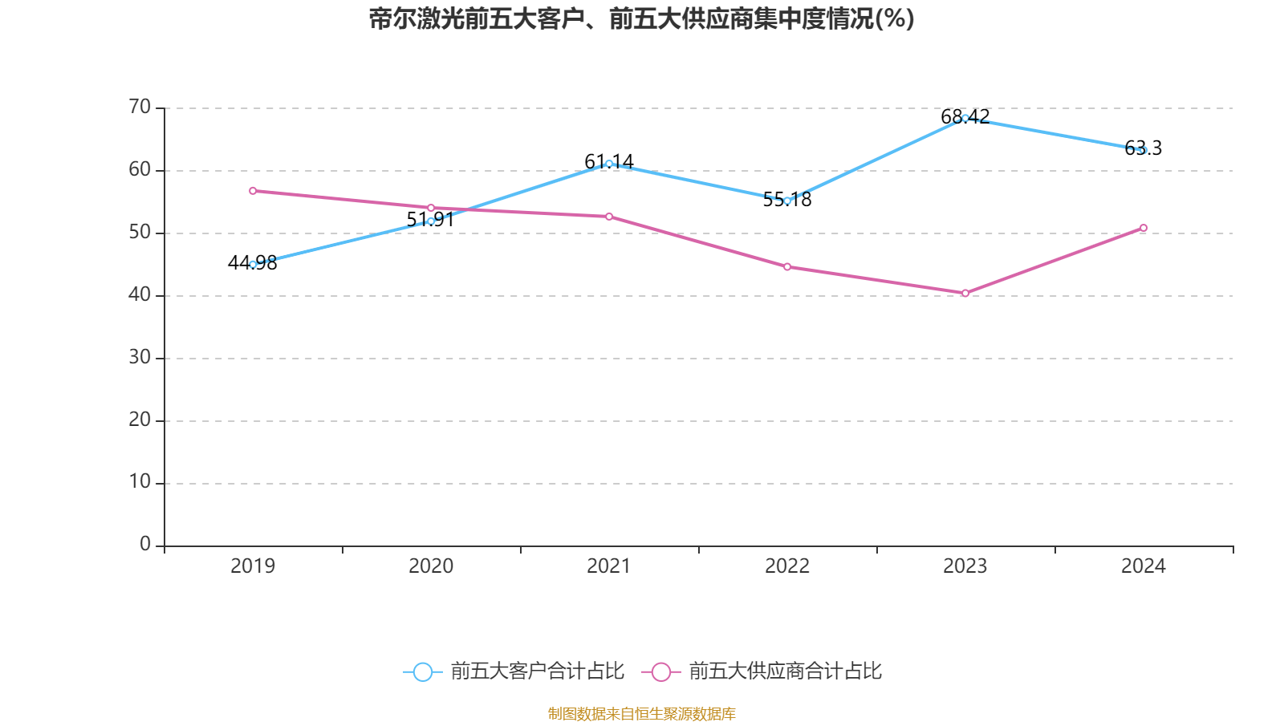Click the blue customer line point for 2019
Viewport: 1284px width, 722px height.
[x=253, y=264]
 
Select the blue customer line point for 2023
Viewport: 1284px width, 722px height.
[x=965, y=118]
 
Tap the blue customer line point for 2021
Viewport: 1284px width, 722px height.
[x=609, y=164]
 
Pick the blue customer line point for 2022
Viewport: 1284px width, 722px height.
[x=787, y=201]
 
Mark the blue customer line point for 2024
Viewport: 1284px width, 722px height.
[x=1144, y=150]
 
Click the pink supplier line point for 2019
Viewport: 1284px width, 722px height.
[x=253, y=191]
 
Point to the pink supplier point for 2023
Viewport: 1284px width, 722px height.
[x=965, y=294]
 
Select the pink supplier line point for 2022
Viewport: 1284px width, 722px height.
[x=787, y=266]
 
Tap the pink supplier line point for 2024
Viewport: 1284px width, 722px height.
[x=1144, y=228]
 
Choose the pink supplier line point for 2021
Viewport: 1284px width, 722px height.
[x=609, y=217]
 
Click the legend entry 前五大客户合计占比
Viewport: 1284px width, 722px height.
[x=514, y=671]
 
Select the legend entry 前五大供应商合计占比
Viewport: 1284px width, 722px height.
[x=762, y=671]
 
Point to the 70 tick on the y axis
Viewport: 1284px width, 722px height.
[x=140, y=107]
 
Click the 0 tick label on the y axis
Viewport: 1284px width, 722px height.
[x=145, y=545]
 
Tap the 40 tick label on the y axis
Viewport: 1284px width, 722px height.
[x=140, y=294]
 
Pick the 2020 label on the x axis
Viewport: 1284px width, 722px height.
[x=431, y=566]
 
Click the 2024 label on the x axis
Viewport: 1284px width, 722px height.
[x=1144, y=566]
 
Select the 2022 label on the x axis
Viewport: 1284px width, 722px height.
[x=787, y=566]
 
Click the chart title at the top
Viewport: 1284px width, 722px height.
[x=641, y=18]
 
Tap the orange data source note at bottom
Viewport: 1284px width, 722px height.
[x=641, y=713]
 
